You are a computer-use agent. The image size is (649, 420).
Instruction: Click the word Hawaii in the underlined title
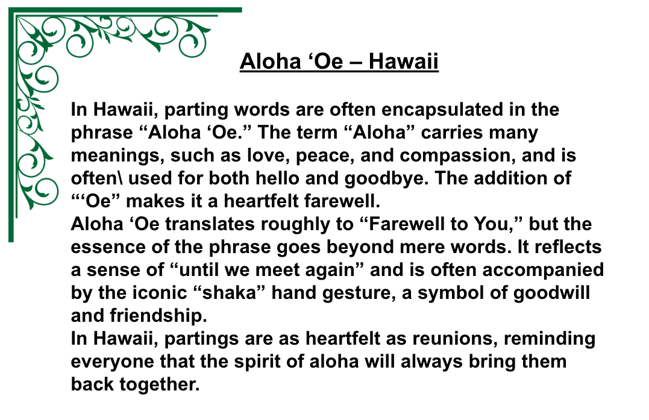coord(403,61)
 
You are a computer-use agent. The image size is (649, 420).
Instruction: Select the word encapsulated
coord(459,110)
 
